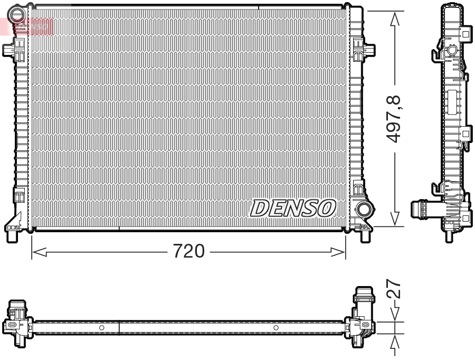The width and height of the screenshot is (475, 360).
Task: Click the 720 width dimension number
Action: click(x=188, y=252)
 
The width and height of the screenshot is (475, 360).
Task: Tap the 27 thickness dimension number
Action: click(x=394, y=291)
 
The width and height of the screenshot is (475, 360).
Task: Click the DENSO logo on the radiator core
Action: click(x=292, y=209)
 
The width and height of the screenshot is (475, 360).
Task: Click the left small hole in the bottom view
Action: click(x=102, y=328)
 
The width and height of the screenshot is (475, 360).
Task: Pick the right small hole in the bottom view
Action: click(x=276, y=328)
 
